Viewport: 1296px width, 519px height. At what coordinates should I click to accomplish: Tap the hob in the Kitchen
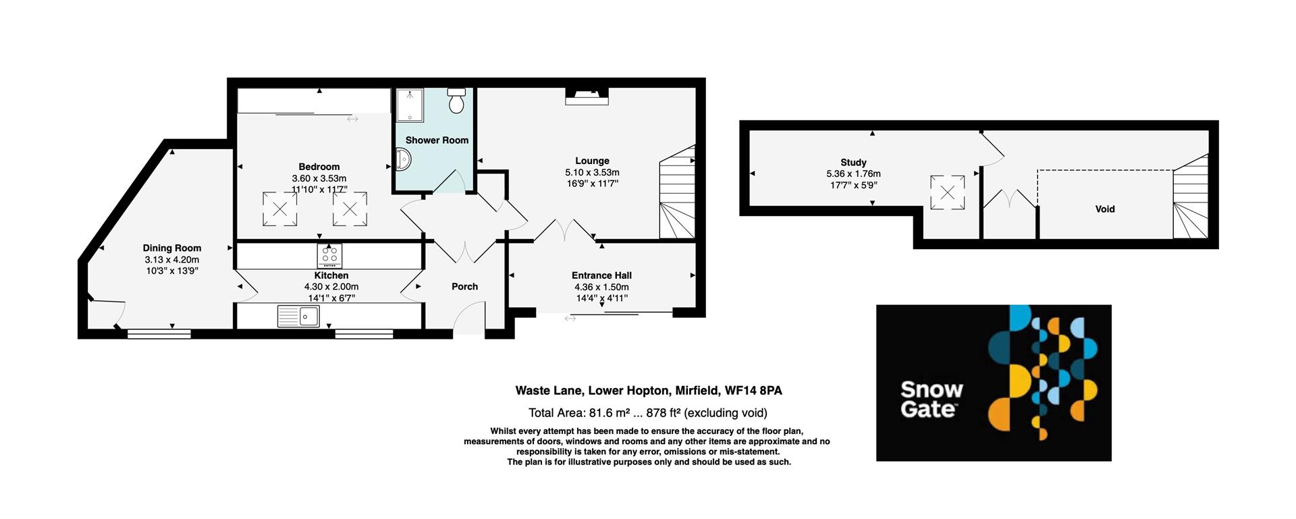click(x=329, y=255)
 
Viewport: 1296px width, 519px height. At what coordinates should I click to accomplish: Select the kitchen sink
click(x=298, y=316)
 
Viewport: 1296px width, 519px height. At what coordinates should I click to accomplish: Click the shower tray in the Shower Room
click(x=409, y=105)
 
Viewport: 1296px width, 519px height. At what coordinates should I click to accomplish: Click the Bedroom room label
click(x=319, y=167)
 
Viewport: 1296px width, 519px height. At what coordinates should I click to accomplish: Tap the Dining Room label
click(x=171, y=248)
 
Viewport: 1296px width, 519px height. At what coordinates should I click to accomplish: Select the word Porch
click(x=464, y=286)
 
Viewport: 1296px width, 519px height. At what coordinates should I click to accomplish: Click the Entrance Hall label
click(x=601, y=275)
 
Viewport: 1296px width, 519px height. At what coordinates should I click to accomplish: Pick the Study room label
click(x=853, y=162)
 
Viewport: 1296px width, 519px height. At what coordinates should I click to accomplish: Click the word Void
click(x=1104, y=209)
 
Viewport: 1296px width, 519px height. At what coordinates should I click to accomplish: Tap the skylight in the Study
click(x=947, y=192)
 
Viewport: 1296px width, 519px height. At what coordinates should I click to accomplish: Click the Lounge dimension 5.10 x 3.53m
click(x=592, y=172)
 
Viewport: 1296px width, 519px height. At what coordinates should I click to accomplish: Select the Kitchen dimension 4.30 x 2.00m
click(x=331, y=286)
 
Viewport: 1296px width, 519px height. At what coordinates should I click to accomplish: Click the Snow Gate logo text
click(x=931, y=399)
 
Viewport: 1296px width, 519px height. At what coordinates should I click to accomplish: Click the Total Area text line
click(x=647, y=412)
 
